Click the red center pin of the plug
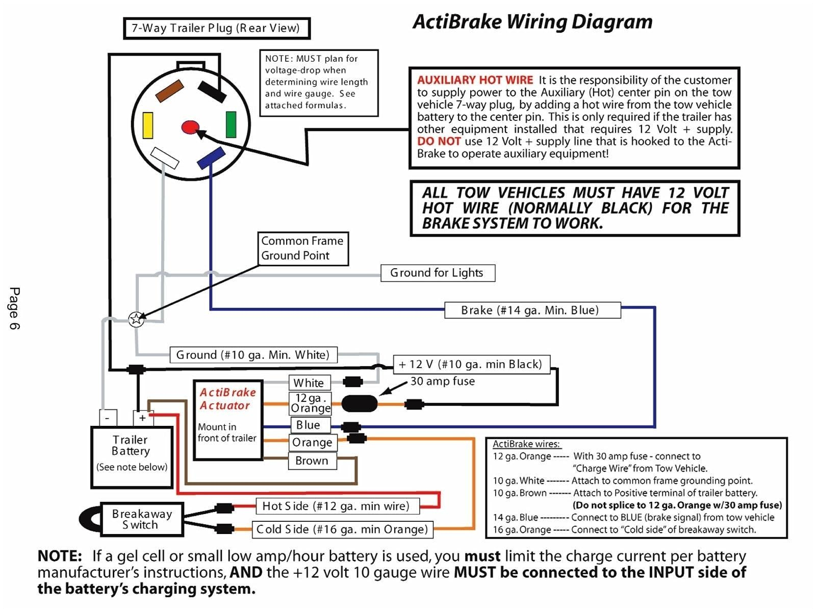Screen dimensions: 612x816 click(x=190, y=127)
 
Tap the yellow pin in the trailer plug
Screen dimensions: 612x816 click(x=148, y=125)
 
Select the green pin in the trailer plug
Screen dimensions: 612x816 click(x=231, y=124)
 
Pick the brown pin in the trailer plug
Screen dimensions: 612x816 click(x=169, y=91)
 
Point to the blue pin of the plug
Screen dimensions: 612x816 click(x=211, y=158)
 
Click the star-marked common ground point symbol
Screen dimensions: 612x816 click(x=136, y=319)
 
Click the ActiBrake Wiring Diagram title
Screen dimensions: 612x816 click(x=532, y=22)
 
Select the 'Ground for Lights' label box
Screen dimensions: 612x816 click(x=437, y=273)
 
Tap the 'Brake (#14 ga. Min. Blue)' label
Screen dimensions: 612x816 click(x=532, y=310)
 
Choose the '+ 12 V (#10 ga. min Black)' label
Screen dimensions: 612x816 click(x=471, y=364)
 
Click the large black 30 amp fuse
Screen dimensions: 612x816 click(x=359, y=404)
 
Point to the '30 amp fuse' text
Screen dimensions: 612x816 click(x=442, y=381)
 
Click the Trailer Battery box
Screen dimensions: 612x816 click(x=132, y=457)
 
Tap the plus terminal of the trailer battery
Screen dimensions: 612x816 click(x=142, y=418)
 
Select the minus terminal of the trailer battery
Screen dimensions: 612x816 click(x=108, y=418)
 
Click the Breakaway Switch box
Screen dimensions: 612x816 click(x=142, y=519)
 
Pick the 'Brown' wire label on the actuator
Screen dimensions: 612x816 click(x=312, y=461)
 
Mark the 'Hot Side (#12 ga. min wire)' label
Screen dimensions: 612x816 click(x=336, y=506)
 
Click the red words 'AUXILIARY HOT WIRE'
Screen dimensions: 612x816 click(x=475, y=80)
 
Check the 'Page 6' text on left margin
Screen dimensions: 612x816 click(x=14, y=308)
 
